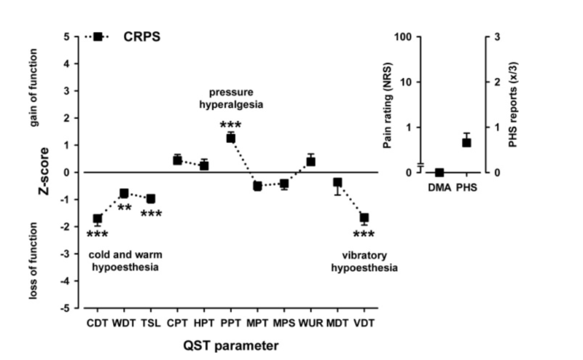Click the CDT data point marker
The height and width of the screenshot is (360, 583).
[x=97, y=219]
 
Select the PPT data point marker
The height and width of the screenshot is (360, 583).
[x=230, y=138]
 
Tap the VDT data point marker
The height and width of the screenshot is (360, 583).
[x=364, y=218]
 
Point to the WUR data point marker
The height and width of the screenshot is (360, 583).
[x=310, y=161]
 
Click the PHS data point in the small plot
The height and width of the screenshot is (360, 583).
[x=466, y=142]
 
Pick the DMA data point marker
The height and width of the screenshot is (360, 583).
[x=439, y=173]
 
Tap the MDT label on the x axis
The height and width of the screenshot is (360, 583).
[x=337, y=321]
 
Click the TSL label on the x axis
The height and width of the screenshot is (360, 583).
[x=151, y=321]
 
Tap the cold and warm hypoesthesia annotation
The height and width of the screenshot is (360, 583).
[x=125, y=262]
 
